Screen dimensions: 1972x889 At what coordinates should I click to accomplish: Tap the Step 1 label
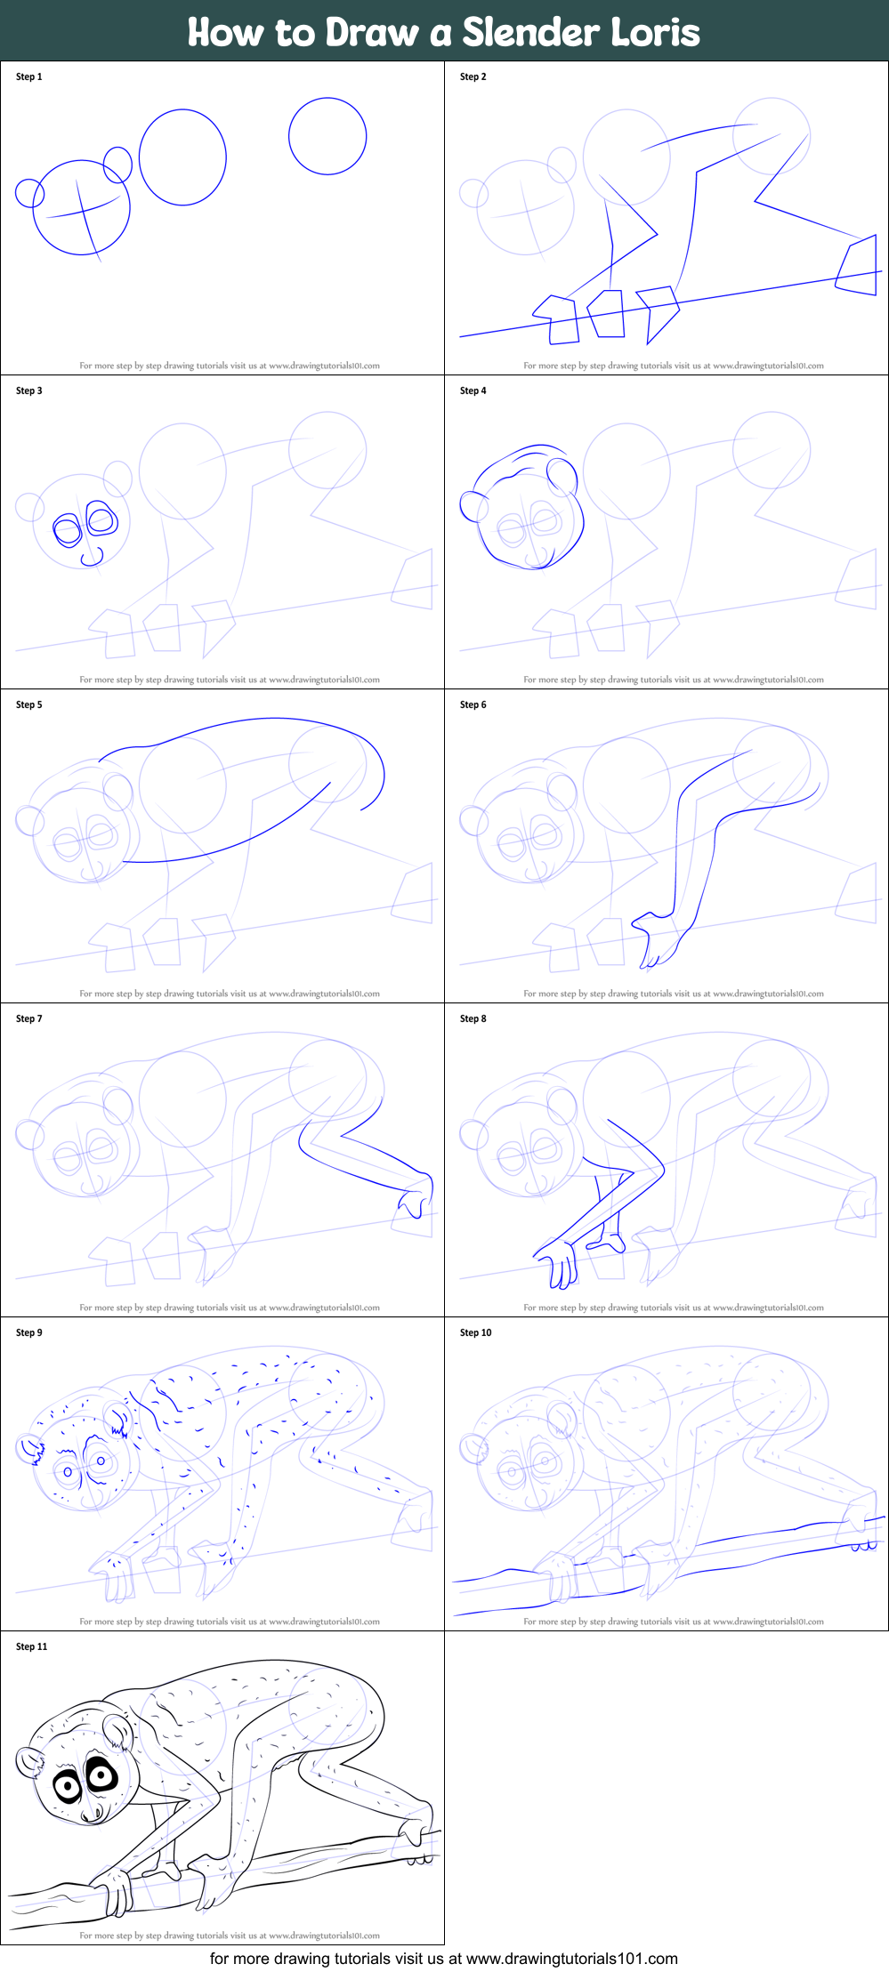click(x=28, y=76)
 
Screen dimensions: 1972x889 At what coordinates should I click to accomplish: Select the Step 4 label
click(x=473, y=390)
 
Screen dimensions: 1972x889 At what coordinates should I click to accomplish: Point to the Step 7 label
click(x=28, y=1018)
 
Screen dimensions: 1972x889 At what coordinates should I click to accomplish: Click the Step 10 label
click(x=475, y=1332)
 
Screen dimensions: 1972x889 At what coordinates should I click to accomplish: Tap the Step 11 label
click(x=31, y=1646)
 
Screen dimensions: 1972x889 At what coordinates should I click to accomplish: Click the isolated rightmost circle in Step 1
click(x=327, y=136)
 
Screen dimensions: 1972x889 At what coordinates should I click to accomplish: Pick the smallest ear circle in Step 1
click(x=29, y=192)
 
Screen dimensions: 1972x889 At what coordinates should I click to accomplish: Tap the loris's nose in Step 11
click(x=92, y=1815)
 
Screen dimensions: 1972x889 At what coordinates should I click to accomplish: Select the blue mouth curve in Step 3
click(x=92, y=559)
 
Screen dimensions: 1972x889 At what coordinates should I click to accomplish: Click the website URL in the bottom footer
click(x=571, y=1958)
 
